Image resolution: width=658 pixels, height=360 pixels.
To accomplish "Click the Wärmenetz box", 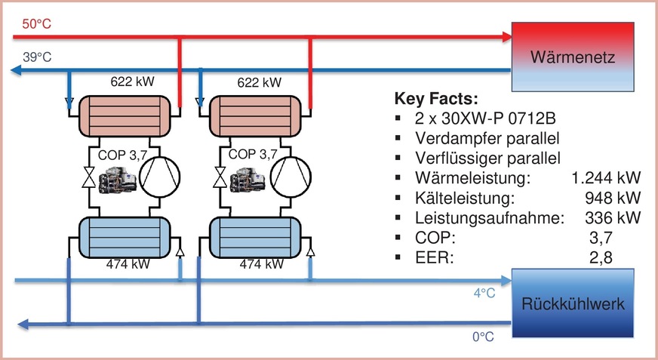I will coord(574,57).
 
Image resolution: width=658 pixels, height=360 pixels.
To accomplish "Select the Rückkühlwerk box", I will coord(574,305).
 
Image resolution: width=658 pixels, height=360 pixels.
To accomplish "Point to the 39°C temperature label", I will coord(35,57).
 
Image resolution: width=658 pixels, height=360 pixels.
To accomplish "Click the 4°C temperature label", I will coord(484,294).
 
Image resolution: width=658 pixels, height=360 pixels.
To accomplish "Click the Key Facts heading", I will coord(437,99).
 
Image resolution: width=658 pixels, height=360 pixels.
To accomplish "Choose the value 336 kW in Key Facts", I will coord(613,218).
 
